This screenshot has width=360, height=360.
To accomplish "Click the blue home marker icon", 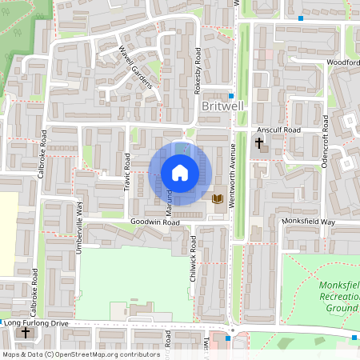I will [x=179, y=172].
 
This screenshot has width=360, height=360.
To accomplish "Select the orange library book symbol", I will [x=217, y=198].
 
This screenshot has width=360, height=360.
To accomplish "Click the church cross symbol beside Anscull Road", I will [x=259, y=143].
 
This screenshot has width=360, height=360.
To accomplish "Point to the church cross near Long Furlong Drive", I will [x=26, y=332].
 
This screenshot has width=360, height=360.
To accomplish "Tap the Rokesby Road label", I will [x=198, y=72].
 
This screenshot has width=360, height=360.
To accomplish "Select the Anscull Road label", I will [x=278, y=130].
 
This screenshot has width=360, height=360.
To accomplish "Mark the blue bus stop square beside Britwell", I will [x=231, y=95].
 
